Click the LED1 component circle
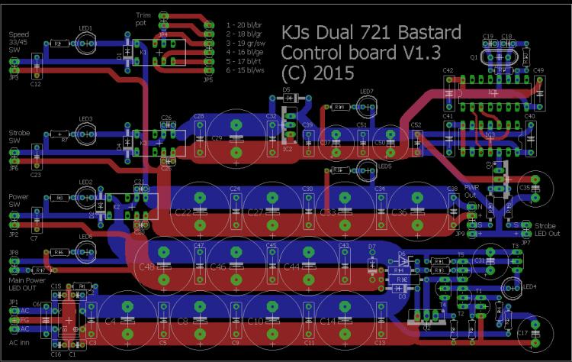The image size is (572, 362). [85, 44]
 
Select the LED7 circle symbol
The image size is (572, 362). [367, 108]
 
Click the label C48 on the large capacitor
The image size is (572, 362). [146, 267]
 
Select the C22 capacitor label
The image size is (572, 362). [183, 212]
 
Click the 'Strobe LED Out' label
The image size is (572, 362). [546, 229]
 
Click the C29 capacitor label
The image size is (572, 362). [216, 138]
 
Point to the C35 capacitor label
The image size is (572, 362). [524, 187]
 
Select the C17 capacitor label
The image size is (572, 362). [523, 334]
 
